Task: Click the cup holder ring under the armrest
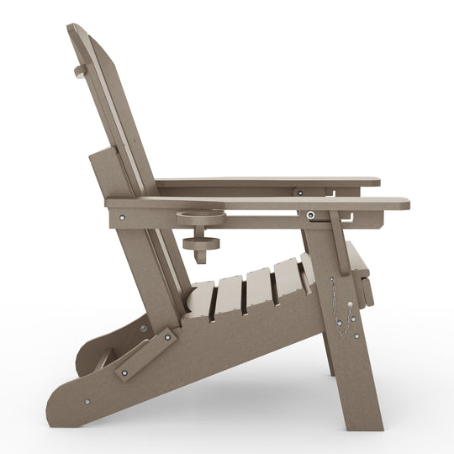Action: pyautogui.click(x=201, y=216)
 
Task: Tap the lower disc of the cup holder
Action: pyautogui.click(x=201, y=245)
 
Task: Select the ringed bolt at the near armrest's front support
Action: pyautogui.click(x=312, y=215)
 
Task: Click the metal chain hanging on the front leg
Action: pyautogui.click(x=340, y=309)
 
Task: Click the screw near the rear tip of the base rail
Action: pyautogui.click(x=87, y=401)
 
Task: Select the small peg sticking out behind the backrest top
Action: pyautogui.click(x=79, y=71)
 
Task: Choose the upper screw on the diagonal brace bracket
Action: pyautogui.click(x=166, y=337)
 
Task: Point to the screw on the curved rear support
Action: pyautogui.click(x=143, y=328)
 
